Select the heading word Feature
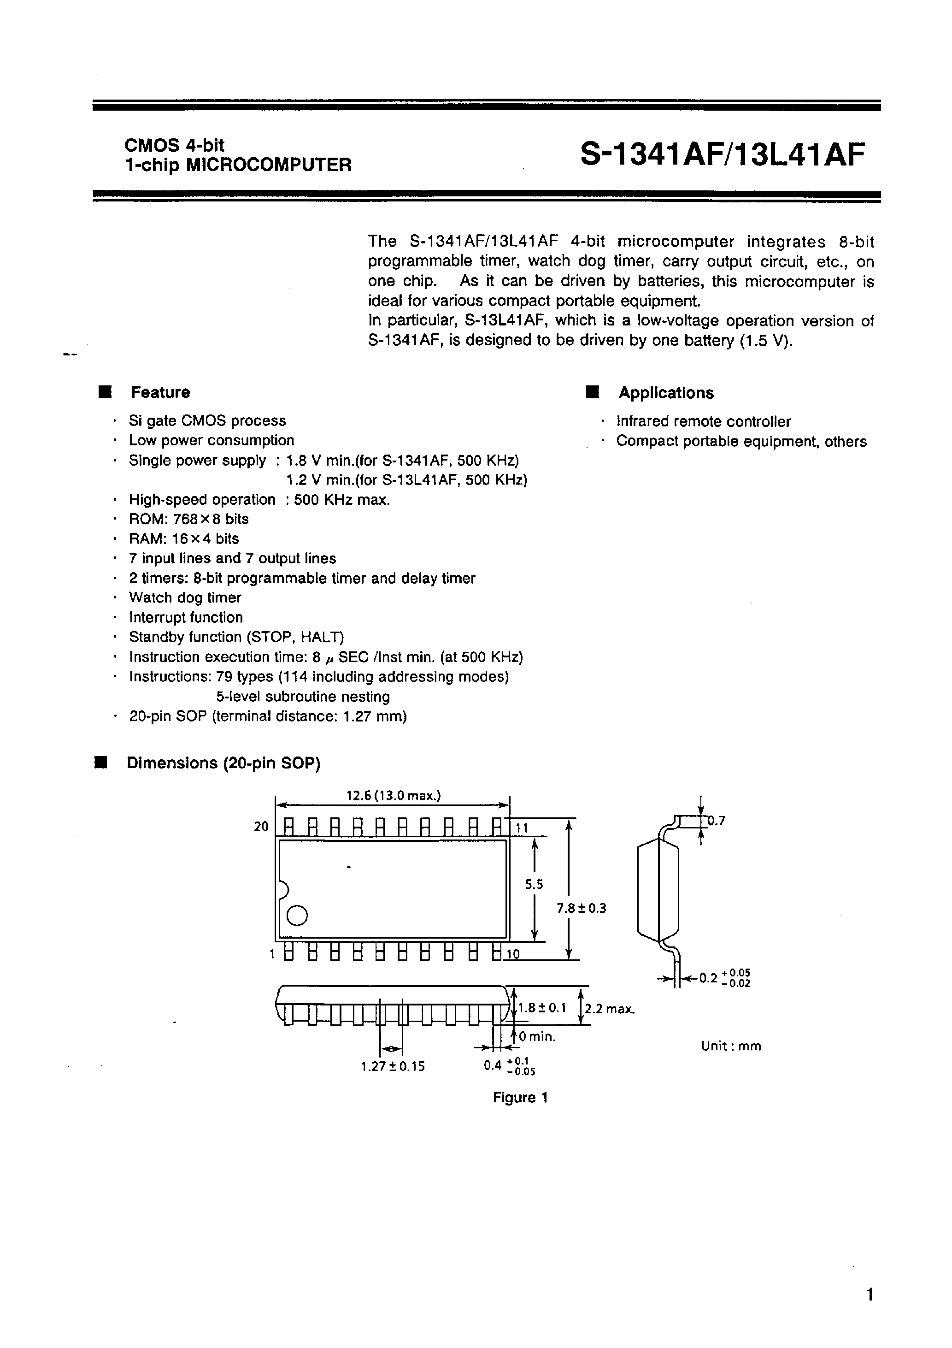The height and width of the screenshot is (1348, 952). (x=160, y=392)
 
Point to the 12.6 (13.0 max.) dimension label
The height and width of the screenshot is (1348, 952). (x=393, y=796)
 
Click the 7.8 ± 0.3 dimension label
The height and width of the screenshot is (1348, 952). (x=581, y=908)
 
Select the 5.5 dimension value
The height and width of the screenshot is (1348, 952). (x=534, y=884)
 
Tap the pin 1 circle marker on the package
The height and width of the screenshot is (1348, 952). (x=297, y=915)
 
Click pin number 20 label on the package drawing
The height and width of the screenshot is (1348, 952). (x=261, y=827)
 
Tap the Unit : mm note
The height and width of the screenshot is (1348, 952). (x=731, y=1046)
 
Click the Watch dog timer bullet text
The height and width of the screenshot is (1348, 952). (x=185, y=597)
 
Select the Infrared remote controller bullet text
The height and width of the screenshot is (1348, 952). (x=703, y=421)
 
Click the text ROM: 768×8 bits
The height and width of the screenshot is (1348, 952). (x=188, y=519)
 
